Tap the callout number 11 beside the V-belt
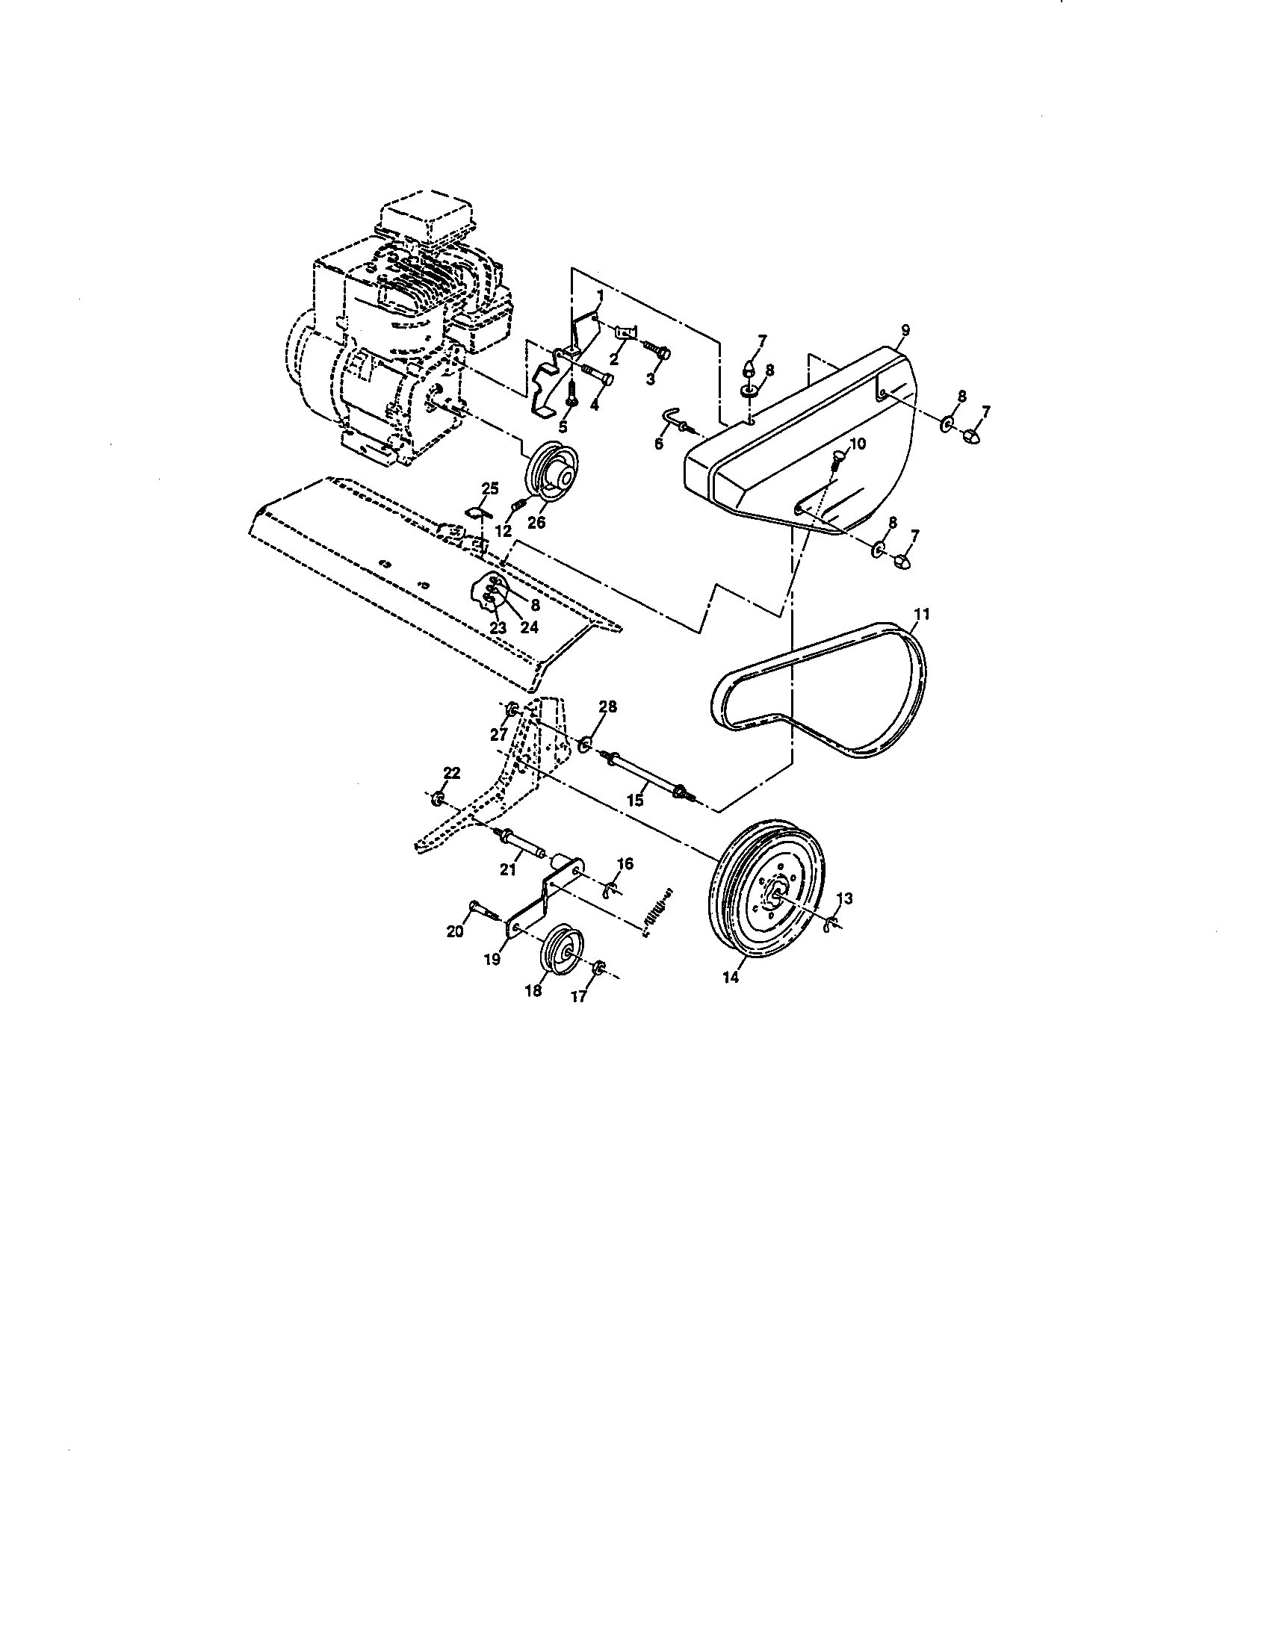[922, 614]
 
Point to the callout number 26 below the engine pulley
[536, 522]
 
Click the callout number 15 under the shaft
[636, 801]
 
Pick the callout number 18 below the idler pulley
[533, 992]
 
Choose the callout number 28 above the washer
[607, 706]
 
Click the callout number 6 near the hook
[659, 444]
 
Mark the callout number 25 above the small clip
[490, 488]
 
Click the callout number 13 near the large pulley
[844, 898]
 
